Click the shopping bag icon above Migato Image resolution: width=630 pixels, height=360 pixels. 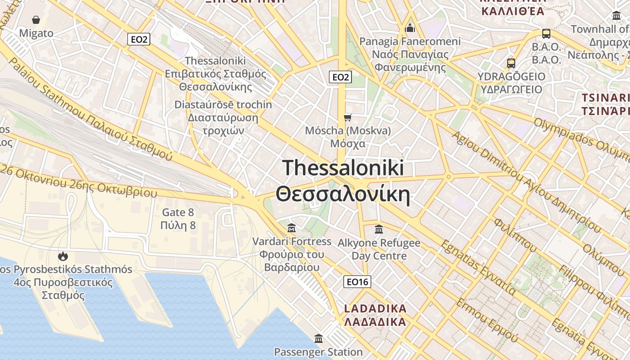pyautogui.click(x=36, y=20)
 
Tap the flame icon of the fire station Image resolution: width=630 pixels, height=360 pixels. pyautogui.click(x=63, y=256)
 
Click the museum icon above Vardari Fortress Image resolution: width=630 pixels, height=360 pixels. pyautogui.click(x=292, y=228)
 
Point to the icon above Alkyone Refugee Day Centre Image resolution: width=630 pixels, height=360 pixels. pyautogui.click(x=379, y=229)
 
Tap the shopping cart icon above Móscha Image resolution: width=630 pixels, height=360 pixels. pyautogui.click(x=347, y=118)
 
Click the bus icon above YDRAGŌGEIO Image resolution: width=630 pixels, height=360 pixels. pyautogui.click(x=511, y=63)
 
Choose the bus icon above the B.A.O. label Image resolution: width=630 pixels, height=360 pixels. pyautogui.click(x=546, y=34)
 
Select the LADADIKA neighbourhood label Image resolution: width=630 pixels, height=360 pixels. pyautogui.click(x=375, y=315)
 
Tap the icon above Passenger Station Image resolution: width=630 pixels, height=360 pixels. pyautogui.click(x=319, y=338)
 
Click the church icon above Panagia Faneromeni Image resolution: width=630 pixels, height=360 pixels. pyautogui.click(x=410, y=28)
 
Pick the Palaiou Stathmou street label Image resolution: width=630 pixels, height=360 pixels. pyautogui.click(x=90, y=110)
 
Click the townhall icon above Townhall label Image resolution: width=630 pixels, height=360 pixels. pyautogui.click(x=616, y=16)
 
